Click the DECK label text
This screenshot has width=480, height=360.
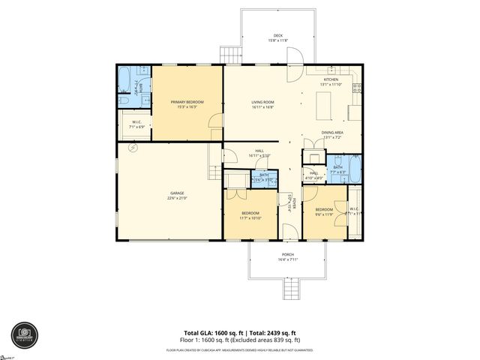pos(277,35)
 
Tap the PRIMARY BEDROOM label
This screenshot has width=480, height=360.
pos(187,102)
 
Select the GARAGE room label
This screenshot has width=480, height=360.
pos(177,193)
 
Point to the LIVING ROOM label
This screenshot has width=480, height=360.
pos(262,102)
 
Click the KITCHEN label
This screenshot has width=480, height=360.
pos(331,79)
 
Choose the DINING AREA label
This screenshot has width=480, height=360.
pos(332,133)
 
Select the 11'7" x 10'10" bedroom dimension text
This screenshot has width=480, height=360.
pos(249,217)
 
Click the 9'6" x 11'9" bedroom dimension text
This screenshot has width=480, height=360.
pos(324,214)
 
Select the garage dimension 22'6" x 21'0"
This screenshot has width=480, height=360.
pos(177,199)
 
